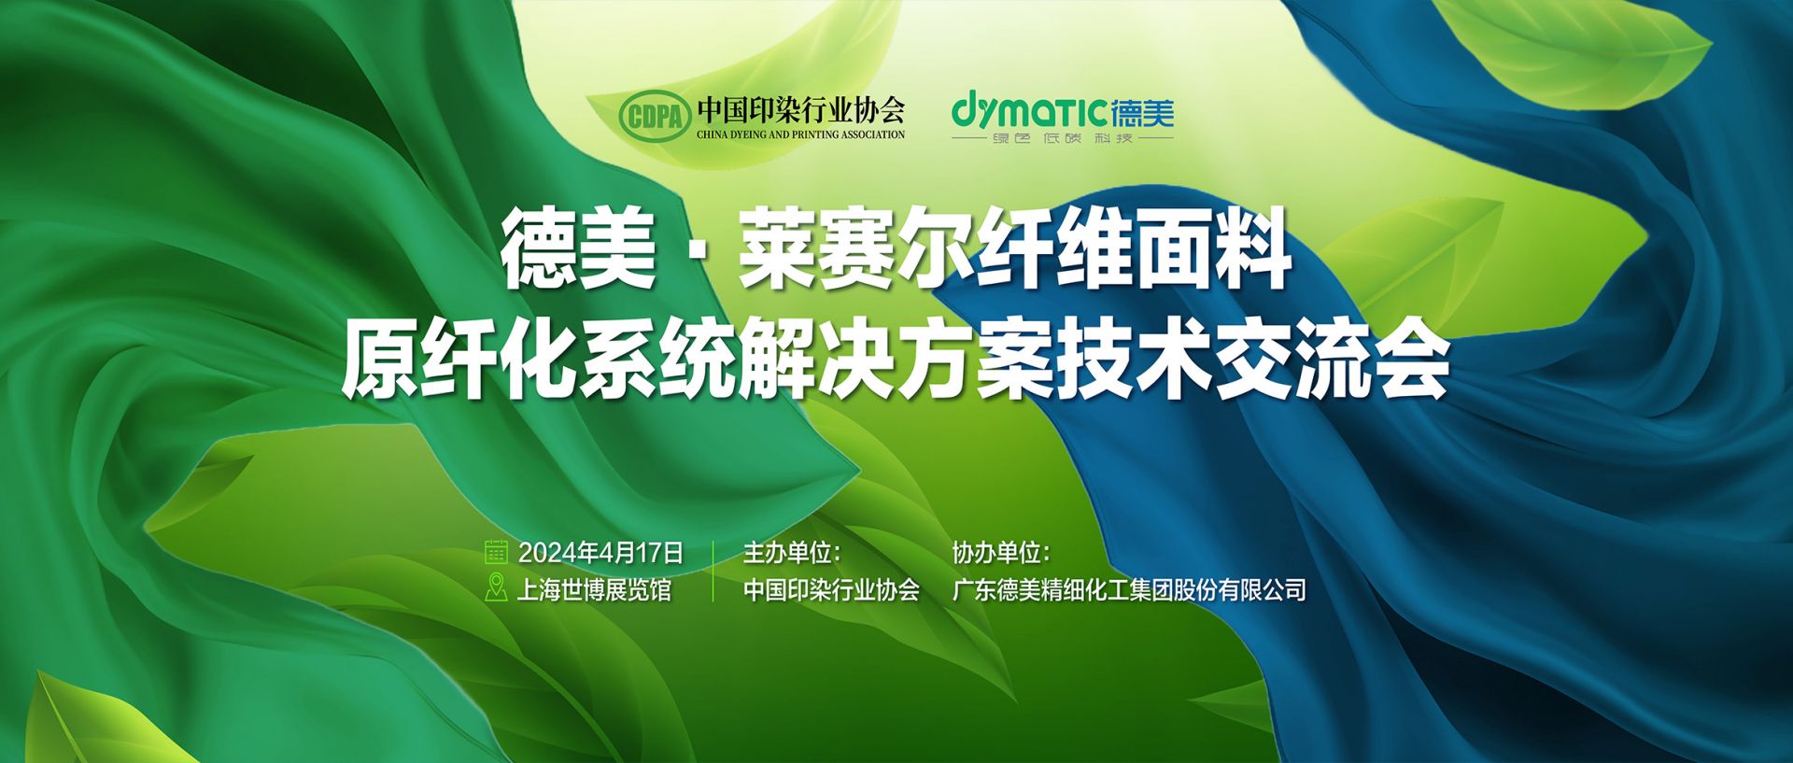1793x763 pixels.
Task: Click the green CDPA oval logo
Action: point(655,117)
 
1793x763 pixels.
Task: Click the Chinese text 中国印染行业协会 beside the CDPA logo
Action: point(801,109)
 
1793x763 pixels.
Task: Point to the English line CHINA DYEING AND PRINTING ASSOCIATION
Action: point(800,134)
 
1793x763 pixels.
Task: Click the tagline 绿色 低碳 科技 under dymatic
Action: point(1063,138)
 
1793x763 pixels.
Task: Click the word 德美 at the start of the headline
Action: point(578,250)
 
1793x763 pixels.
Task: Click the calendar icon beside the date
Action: point(496,552)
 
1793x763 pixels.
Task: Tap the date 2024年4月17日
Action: point(600,553)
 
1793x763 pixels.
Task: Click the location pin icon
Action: point(496,588)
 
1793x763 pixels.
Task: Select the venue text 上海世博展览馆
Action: point(594,590)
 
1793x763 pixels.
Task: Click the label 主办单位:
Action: point(792,553)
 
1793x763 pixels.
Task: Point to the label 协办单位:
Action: point(1001,553)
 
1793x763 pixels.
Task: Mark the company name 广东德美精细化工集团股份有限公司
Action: point(1129,590)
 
